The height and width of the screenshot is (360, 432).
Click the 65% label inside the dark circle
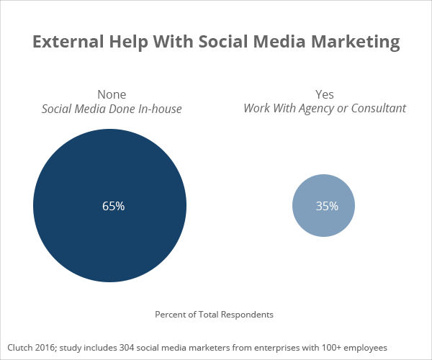pos(113,206)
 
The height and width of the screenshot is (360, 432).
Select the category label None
pos(112,94)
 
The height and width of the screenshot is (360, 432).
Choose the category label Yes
pos(325,94)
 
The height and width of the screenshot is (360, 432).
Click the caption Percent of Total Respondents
pos(215,315)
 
